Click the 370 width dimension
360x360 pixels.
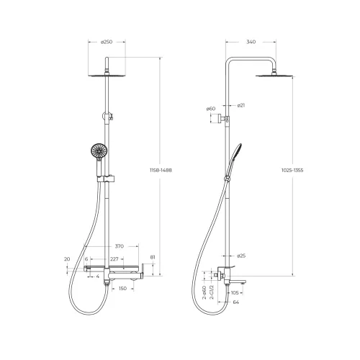[x=120, y=246]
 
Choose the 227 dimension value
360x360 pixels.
[x=114, y=259]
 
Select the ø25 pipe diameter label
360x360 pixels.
[x=242, y=256]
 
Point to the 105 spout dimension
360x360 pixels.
[x=235, y=293]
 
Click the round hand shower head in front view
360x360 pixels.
[x=96, y=152]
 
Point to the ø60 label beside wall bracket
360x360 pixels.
[x=211, y=109]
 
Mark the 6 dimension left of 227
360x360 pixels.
[x=86, y=259]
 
